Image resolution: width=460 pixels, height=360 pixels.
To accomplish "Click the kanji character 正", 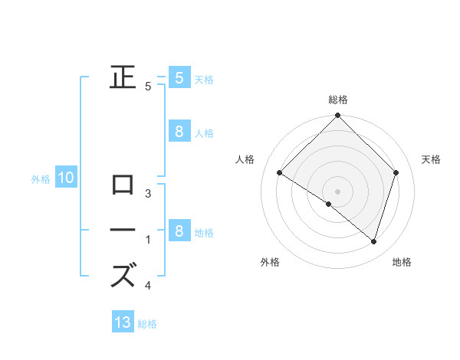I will (x=123, y=77).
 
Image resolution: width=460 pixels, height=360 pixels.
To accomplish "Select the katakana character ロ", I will (x=123, y=185).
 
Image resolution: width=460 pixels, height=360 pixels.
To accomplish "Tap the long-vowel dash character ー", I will (x=123, y=230).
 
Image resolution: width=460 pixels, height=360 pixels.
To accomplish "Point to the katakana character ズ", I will (x=123, y=275).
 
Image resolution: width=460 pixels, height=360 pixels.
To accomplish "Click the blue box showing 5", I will (x=179, y=77).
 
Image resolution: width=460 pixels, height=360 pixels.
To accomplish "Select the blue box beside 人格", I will (x=179, y=132).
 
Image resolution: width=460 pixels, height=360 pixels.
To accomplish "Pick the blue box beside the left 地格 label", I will (x=179, y=231).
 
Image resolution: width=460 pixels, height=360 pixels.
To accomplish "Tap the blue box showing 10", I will (x=65, y=178).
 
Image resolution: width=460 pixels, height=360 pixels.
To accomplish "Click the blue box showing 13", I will (x=123, y=322).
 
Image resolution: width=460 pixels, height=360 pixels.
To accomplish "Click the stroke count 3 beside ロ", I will (x=148, y=194).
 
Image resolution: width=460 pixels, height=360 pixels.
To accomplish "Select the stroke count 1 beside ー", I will (x=148, y=240).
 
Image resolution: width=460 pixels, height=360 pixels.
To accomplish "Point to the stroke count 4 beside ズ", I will (x=148, y=286).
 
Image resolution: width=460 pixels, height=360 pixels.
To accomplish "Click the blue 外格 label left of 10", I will (x=41, y=180).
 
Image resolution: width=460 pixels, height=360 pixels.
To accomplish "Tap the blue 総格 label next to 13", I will (x=147, y=324).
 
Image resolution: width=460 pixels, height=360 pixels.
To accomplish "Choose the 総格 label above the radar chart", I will (x=338, y=100).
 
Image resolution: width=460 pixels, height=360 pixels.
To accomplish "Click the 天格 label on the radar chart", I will (x=431, y=159).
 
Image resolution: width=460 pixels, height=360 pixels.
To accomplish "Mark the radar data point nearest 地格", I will (x=373, y=242).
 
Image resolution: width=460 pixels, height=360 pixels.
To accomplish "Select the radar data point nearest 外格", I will (x=329, y=205).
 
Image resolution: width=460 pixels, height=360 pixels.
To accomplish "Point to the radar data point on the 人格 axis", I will (x=279, y=172).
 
